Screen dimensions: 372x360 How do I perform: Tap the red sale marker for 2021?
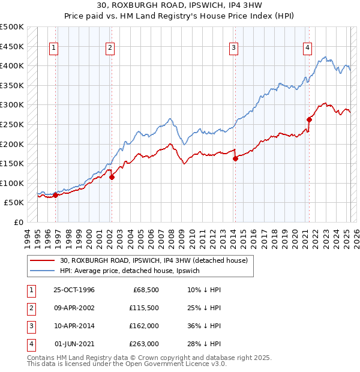click(x=310, y=119)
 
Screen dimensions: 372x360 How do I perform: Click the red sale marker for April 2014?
click(x=235, y=158)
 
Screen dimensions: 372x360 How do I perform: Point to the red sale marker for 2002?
click(x=112, y=177)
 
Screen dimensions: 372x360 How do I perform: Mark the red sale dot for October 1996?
click(x=55, y=195)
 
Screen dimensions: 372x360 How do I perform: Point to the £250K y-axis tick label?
click(x=12, y=125)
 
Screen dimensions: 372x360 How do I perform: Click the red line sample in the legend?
click(x=43, y=260)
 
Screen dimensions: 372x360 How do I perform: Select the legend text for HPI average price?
click(x=133, y=271)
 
